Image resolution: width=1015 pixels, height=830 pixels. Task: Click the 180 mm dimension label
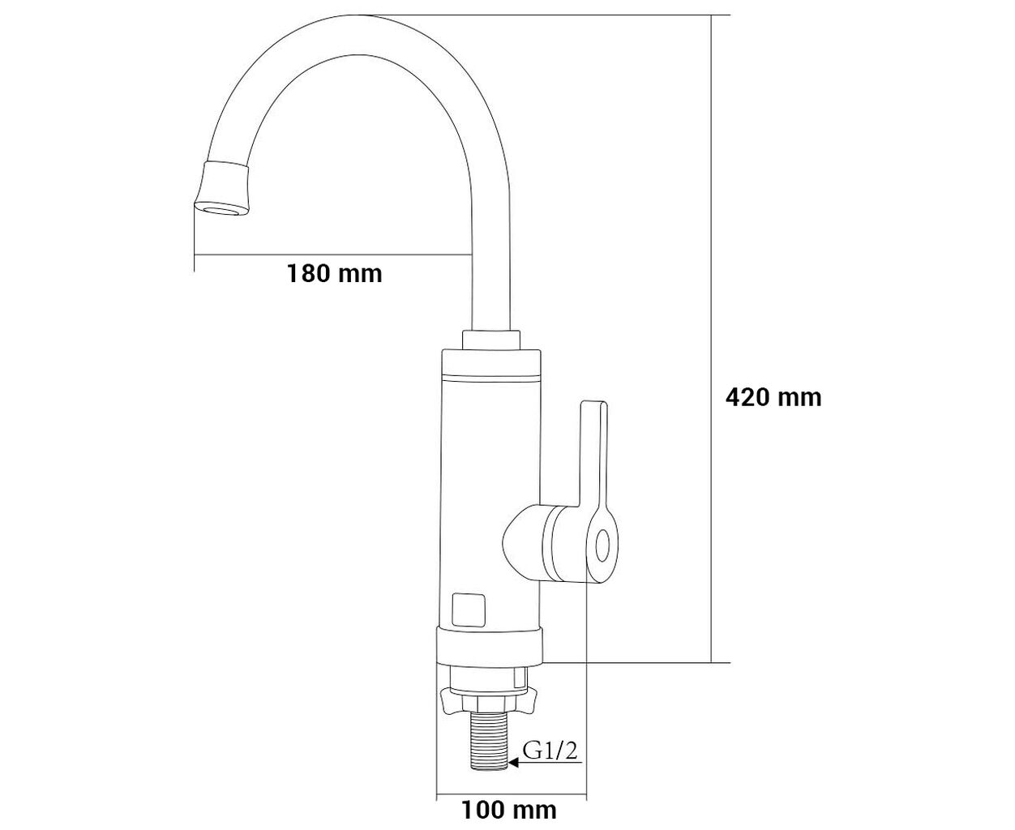(x=335, y=273)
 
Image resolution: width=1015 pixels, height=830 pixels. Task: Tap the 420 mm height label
(x=774, y=397)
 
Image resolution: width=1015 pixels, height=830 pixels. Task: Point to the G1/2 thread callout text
(x=550, y=751)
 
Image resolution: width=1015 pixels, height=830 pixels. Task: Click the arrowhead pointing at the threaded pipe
(x=514, y=762)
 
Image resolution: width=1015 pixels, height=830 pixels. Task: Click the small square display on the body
(x=469, y=610)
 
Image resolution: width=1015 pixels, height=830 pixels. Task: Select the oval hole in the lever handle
(x=602, y=545)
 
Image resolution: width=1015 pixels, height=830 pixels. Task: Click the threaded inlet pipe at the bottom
(x=490, y=742)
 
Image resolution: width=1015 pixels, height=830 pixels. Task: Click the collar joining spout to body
(x=491, y=340)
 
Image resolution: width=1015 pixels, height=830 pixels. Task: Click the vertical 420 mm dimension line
(x=711, y=339)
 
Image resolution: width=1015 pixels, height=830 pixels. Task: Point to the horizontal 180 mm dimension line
(x=332, y=254)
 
